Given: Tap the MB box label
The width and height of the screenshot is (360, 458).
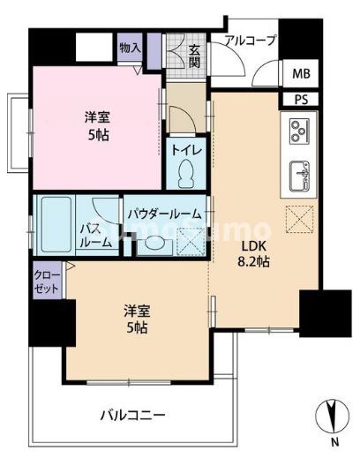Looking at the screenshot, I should pos(301,74).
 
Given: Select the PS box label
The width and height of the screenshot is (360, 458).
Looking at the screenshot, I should pos(301,99).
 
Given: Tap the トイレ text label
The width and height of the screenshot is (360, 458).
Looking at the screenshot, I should pos(186,151).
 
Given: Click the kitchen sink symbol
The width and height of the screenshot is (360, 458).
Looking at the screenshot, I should pos(298,173).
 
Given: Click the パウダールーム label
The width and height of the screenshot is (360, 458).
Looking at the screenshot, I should pos(163,214).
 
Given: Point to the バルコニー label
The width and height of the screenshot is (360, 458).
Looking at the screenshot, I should pos(132,413).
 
